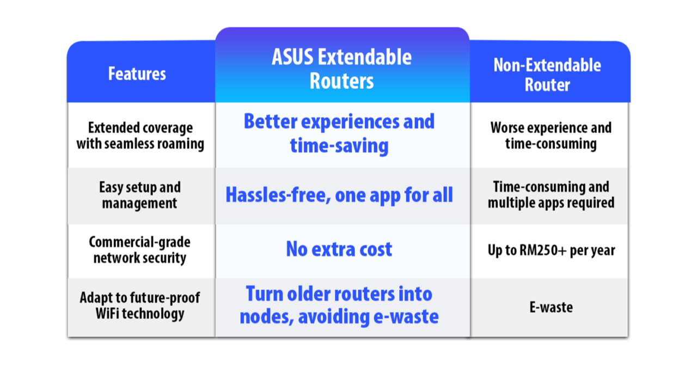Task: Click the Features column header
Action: tap(137, 74)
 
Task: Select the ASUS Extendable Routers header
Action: tap(341, 69)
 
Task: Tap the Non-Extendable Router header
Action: tap(547, 75)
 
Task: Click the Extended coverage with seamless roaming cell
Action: tap(140, 136)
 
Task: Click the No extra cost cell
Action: tap(339, 249)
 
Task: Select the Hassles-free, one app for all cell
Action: tap(339, 194)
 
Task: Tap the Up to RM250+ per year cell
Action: tap(551, 251)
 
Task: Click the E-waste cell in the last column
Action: tap(551, 307)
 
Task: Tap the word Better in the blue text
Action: tap(270, 121)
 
